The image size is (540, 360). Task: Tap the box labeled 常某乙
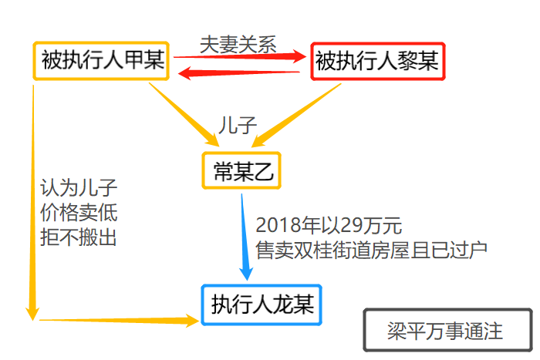point(241,171)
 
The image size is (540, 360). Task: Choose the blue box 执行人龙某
point(262,304)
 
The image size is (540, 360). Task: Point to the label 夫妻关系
point(237,43)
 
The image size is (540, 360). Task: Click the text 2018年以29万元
point(329,226)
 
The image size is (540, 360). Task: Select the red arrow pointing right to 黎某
point(239,56)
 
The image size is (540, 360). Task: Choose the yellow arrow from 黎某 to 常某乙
point(297,115)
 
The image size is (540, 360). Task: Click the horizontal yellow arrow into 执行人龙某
point(116,318)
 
